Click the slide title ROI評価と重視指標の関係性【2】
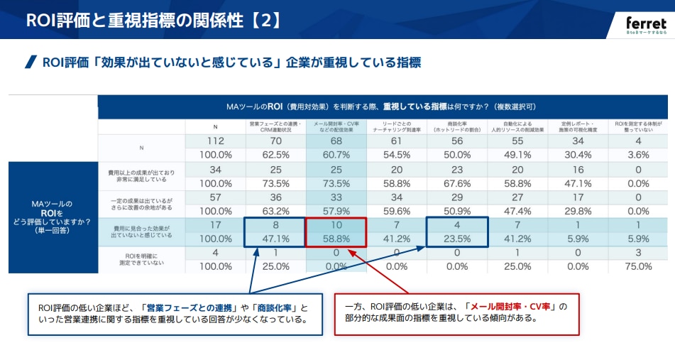tap(153, 20)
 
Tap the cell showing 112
tap(216, 141)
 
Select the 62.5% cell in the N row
tap(275, 154)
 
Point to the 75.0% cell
tap(638, 266)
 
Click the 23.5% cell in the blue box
tap(457, 239)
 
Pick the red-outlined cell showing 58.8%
tap(336, 239)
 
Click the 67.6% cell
tap(457, 182)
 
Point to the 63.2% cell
tap(275, 211)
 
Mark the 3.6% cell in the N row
tap(638, 154)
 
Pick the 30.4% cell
tap(578, 154)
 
